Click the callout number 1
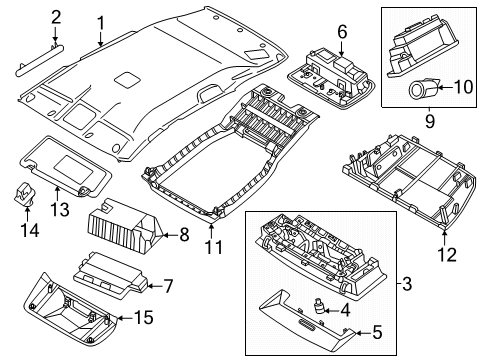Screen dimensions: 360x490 [101, 22]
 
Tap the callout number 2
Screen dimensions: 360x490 [56, 16]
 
